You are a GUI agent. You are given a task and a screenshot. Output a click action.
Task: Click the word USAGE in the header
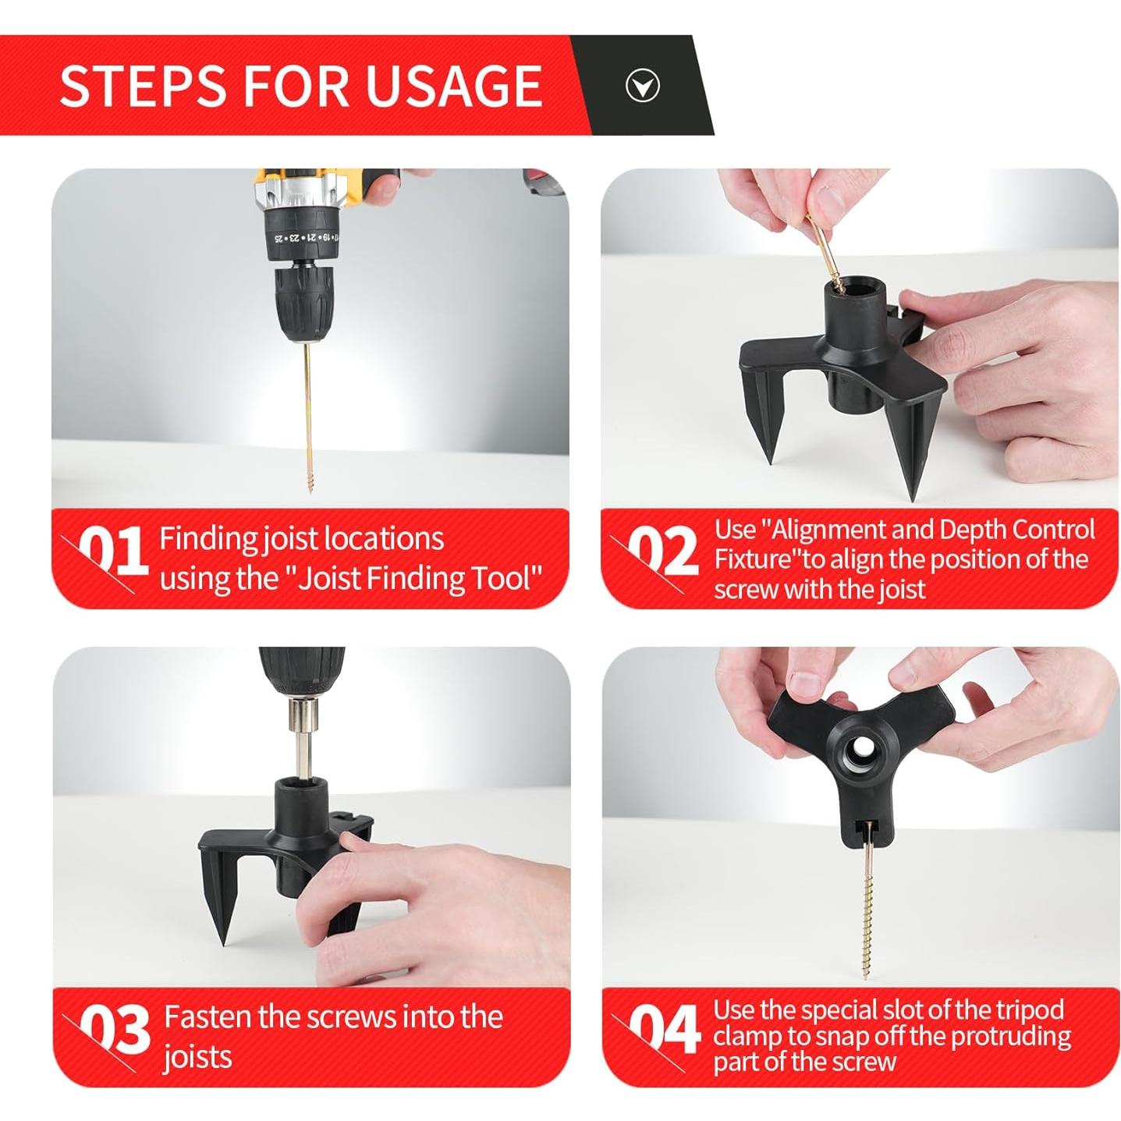454,86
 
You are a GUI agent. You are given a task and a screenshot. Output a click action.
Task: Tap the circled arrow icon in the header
642,86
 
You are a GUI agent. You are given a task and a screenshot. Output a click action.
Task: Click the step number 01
113,550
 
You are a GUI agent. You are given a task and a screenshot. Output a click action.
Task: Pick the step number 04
665,1029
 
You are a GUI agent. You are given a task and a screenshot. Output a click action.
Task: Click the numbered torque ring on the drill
303,236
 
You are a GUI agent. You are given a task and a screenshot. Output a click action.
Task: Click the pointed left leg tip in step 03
224,943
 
